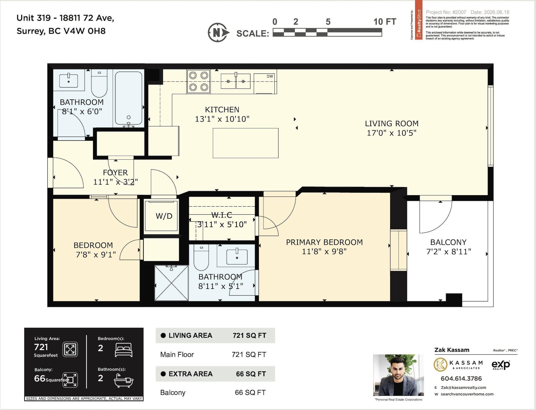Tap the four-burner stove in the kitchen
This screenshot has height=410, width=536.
pos(199,81)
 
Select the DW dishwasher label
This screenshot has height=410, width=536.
pos(270,76)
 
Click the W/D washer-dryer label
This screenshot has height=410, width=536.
pos(164,216)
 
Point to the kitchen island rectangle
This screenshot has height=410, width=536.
pos(246,143)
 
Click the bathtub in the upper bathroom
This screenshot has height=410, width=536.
pos(129,98)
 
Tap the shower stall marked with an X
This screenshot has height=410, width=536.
pos(172,283)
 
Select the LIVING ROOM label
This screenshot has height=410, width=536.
pos(392,123)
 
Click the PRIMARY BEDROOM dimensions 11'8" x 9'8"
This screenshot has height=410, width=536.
pos(324,252)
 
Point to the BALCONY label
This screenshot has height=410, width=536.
pos(448,242)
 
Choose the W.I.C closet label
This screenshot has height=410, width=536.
pos(222,215)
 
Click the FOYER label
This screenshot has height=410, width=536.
pos(115,172)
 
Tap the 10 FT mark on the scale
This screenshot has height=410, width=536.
pos(385,22)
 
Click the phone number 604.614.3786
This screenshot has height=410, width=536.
pos(461,378)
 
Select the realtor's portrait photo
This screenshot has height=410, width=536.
pos(398,375)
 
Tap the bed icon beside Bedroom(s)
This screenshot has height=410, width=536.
pos(123,350)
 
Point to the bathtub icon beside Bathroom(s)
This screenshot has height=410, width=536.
pos(124,381)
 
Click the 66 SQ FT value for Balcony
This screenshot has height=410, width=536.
pos(250,392)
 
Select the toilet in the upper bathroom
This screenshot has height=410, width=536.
pos(99,83)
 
